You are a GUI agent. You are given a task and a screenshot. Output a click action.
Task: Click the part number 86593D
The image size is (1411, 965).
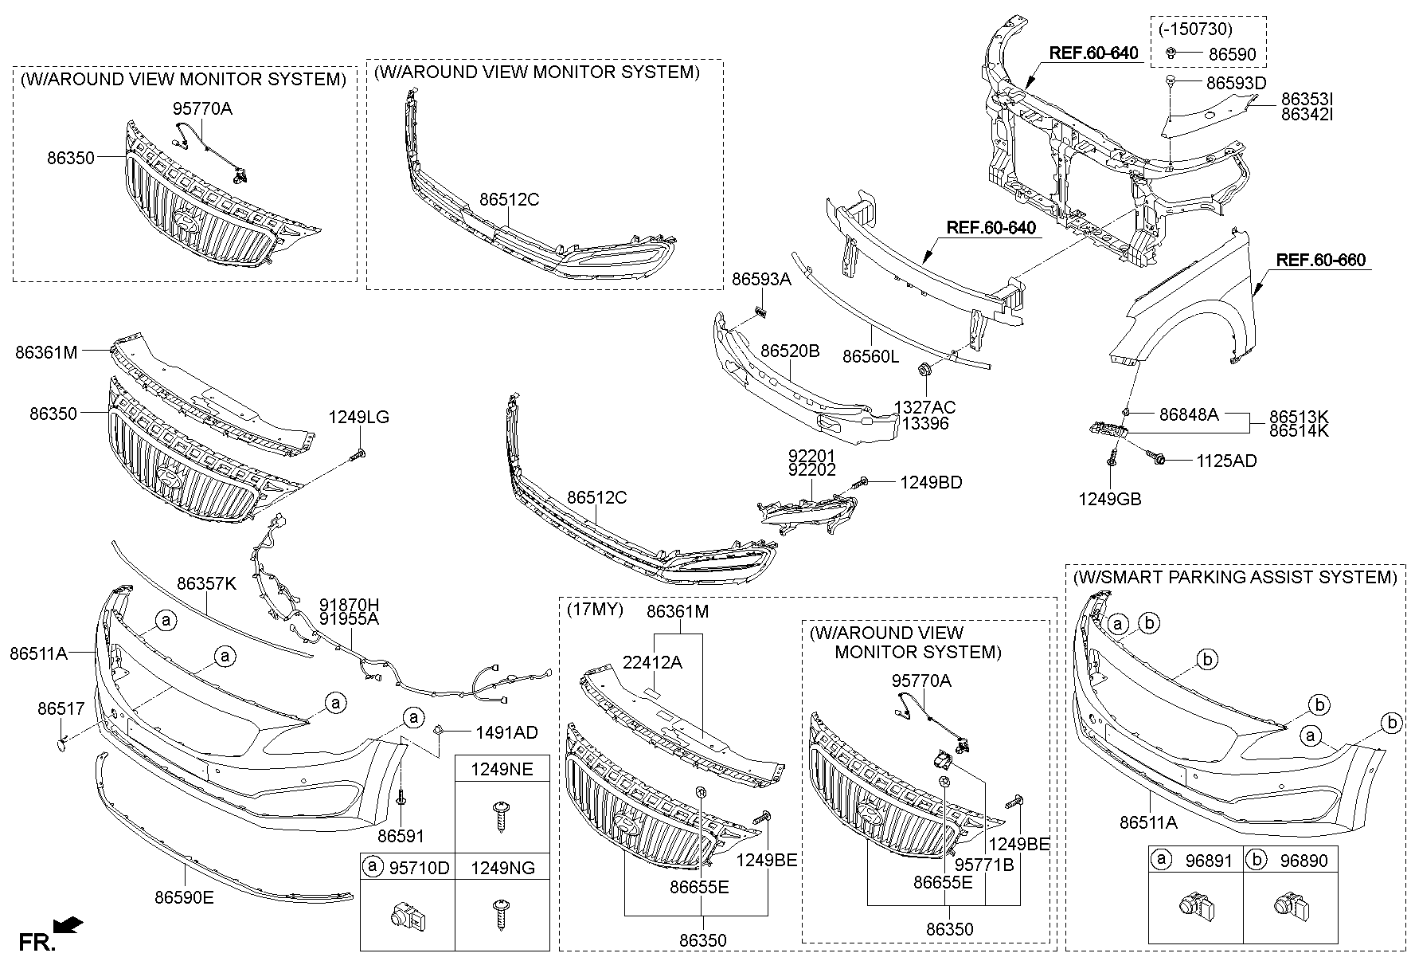pos(1236,83)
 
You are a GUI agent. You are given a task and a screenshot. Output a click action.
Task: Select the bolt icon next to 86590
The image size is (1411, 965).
pos(1172,53)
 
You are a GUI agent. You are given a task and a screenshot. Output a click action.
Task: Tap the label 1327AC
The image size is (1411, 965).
pos(924,407)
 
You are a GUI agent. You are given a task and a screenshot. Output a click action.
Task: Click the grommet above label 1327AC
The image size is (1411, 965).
pos(925,371)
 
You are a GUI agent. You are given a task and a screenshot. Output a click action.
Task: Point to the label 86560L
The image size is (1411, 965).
pos(870,358)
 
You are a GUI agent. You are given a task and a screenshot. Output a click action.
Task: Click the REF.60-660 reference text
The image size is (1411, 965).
pos(1320,260)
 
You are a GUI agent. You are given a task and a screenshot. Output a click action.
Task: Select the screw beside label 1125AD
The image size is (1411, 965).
pos(1155,457)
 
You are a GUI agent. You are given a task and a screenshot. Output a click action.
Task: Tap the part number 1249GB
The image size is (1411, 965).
pos(1109,500)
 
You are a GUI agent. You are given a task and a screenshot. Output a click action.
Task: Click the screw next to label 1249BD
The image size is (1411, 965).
pos(862,482)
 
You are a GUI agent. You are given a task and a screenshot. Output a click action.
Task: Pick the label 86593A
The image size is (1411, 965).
pos(761,279)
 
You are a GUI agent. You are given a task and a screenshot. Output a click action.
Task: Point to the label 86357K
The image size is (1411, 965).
pos(206,583)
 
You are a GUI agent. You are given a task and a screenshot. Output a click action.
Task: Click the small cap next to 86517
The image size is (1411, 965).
pos(62,742)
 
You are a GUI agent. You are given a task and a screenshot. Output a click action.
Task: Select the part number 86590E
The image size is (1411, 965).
pos(184,897)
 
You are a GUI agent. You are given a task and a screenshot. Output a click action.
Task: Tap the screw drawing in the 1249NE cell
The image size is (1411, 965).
pos(501,817)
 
